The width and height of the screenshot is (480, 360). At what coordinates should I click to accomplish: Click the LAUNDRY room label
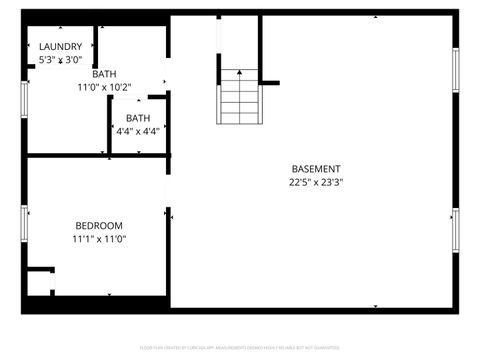[x=60, y=47]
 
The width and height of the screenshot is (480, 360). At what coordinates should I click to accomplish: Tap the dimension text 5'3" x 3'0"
[x=60, y=61]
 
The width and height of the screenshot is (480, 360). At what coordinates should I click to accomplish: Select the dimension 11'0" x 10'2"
[x=105, y=87]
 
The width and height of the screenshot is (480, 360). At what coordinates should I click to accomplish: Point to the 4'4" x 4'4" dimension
[x=138, y=131]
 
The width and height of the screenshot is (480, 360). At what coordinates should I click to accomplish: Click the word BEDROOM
[x=99, y=225]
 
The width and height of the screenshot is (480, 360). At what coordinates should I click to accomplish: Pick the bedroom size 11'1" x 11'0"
[x=99, y=239]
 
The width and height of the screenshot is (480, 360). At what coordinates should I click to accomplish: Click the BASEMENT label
[x=316, y=169]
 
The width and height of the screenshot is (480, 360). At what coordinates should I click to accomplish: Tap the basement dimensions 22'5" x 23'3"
[x=316, y=183]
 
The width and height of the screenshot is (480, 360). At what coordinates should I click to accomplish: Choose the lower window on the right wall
[x=455, y=230]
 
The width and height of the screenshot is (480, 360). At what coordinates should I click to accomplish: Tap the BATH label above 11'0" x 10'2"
[x=104, y=74]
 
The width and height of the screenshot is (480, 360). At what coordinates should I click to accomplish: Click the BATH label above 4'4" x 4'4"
[x=138, y=118]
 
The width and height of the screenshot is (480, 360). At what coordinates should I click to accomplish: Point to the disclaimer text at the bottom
[x=239, y=348]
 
